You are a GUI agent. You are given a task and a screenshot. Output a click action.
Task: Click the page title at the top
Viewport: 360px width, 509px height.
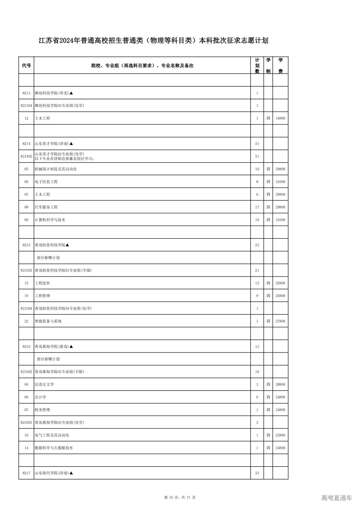(x=153, y=40)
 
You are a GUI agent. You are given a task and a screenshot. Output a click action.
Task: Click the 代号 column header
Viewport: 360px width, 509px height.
(x=26, y=66)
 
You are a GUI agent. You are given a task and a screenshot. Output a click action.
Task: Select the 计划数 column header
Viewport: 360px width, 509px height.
(x=257, y=66)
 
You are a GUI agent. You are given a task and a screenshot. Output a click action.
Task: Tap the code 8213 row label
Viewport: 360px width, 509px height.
(x=26, y=93)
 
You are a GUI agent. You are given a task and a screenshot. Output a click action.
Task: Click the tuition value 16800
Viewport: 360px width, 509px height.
(x=280, y=118)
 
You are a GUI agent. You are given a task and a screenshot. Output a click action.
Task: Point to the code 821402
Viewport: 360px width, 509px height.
(x=26, y=156)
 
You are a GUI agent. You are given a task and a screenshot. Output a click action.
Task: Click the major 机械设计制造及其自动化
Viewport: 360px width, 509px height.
(x=56, y=169)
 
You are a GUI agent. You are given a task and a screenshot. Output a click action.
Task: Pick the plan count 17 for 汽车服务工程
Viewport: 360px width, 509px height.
(x=257, y=207)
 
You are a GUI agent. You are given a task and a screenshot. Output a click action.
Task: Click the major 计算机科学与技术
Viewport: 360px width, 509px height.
(x=50, y=220)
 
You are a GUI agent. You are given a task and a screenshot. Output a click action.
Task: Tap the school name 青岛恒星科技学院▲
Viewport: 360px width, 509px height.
(x=52, y=245)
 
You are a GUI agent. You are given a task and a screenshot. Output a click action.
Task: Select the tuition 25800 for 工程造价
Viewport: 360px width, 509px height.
(x=280, y=283)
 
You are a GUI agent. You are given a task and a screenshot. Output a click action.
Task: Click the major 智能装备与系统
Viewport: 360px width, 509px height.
(x=48, y=321)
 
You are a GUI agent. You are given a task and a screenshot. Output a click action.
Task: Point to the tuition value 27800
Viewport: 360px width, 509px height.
(x=280, y=321)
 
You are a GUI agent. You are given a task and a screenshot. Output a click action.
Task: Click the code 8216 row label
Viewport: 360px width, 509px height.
(x=26, y=346)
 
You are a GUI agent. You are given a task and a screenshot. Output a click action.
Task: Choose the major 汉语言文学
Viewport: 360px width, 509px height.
(x=44, y=384)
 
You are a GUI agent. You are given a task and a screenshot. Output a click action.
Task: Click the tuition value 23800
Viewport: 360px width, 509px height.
(x=280, y=435)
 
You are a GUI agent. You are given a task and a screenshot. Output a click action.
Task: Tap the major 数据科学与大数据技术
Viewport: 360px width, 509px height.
(x=54, y=448)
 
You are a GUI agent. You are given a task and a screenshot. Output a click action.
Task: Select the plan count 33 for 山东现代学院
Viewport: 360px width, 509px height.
(x=257, y=473)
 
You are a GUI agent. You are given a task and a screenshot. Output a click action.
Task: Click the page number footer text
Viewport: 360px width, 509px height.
(x=180, y=497)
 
